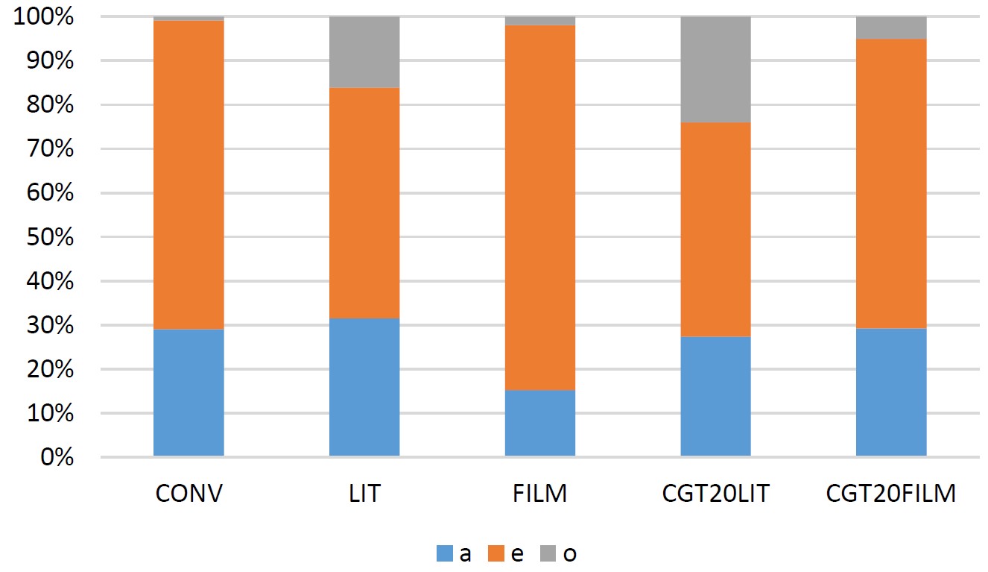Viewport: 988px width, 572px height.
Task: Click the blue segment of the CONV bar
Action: [x=189, y=392]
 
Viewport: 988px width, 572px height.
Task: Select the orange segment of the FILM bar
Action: [x=540, y=207]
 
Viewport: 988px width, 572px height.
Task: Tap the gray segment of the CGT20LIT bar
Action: [x=715, y=69]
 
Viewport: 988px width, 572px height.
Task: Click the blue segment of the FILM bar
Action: [x=540, y=423]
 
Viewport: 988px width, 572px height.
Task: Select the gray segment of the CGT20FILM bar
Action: [x=891, y=28]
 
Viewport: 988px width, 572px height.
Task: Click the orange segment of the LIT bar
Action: [x=364, y=203]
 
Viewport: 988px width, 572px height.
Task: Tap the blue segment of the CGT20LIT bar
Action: [x=715, y=396]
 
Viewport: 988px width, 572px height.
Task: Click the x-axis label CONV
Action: [x=189, y=494]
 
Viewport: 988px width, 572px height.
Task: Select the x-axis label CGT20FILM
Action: [x=891, y=494]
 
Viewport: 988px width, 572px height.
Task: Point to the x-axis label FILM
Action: [x=540, y=494]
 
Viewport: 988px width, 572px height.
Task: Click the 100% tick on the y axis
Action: [x=44, y=17]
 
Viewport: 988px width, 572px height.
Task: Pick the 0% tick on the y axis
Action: [x=56, y=457]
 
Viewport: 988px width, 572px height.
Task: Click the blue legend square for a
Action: [x=444, y=554]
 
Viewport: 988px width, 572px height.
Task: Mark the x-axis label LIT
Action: [x=364, y=494]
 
